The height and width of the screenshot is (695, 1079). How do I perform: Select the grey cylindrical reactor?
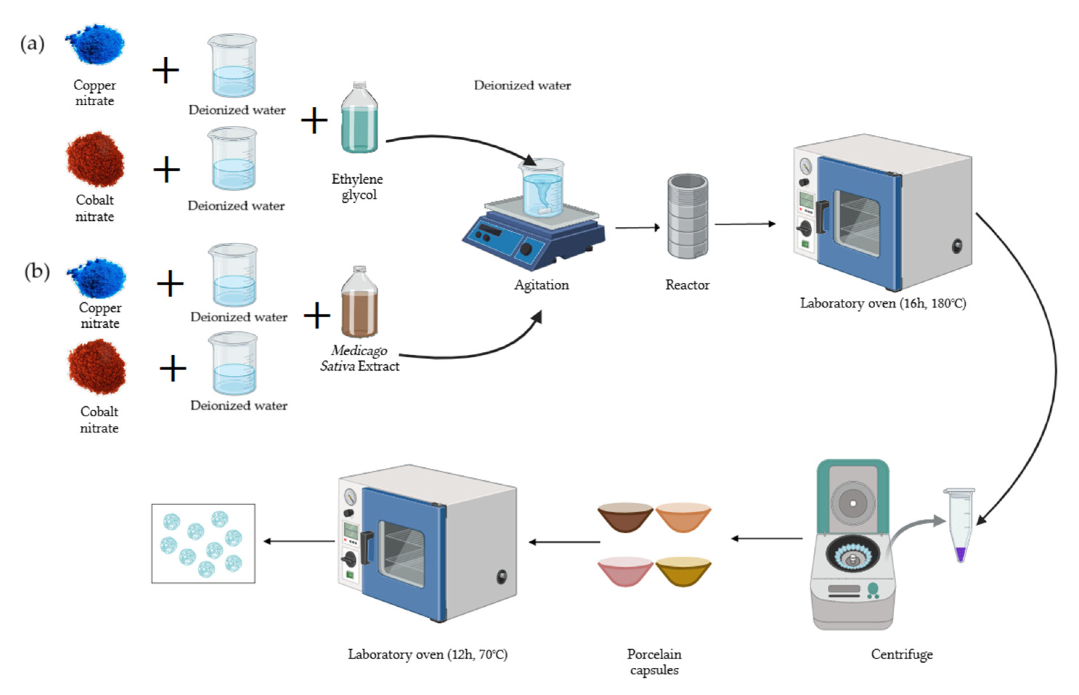pyautogui.click(x=687, y=217)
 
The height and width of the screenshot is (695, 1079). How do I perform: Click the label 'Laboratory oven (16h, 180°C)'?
pyautogui.click(x=883, y=303)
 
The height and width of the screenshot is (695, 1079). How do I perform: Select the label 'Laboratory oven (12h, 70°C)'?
pyautogui.click(x=427, y=654)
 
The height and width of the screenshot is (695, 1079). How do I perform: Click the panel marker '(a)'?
pyautogui.click(x=32, y=44)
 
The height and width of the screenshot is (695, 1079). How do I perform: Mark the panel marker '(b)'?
pyautogui.click(x=37, y=272)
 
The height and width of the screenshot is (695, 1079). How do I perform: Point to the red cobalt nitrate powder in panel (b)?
pyautogui.click(x=97, y=367)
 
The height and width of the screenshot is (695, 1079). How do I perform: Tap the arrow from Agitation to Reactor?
pyautogui.click(x=637, y=227)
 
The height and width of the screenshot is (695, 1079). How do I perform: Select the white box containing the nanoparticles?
pyautogui.click(x=203, y=544)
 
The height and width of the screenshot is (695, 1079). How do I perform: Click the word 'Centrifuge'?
pyautogui.click(x=901, y=654)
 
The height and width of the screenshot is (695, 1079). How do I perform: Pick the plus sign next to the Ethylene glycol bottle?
pyautogui.click(x=314, y=121)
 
